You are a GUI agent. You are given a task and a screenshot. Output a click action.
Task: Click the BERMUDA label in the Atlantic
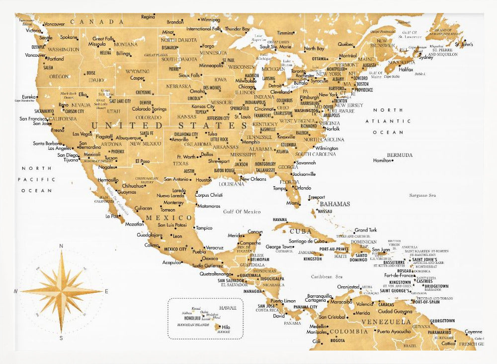tap(400, 155)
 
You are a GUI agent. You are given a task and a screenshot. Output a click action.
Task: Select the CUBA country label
tap(301, 232)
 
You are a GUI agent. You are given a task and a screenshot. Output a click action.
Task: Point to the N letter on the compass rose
tap(61, 246)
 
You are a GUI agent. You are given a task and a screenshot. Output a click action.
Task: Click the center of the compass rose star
tap(61, 291)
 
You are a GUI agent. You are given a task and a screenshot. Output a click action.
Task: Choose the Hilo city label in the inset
tap(226, 327)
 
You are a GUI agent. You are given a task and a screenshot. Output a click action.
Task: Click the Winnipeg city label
tap(210, 20)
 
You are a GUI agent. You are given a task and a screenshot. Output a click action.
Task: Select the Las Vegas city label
tap(82, 134)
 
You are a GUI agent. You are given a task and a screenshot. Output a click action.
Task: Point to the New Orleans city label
tap(253, 179)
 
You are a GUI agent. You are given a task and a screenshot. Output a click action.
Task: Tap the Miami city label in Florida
tap(293, 203)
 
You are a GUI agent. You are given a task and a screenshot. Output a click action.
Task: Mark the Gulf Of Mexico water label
tap(242, 212)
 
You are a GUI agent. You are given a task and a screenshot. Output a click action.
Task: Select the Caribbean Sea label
tap(327, 276)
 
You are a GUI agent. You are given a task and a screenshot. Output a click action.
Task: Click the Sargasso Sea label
tap(422, 196)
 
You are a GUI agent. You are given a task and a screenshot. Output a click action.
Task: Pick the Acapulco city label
tap(171, 262)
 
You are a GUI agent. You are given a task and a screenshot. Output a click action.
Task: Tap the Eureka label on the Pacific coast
tap(29, 97)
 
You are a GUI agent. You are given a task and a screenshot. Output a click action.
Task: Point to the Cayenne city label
tap(473, 332)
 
